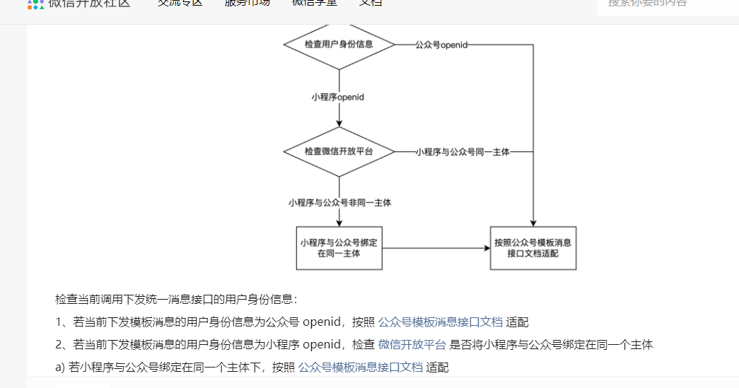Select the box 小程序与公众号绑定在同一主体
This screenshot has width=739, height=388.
point(339,248)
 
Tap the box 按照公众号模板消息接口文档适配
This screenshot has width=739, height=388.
point(533,248)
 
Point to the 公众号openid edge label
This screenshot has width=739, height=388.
point(441,45)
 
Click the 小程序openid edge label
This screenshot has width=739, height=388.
point(338,97)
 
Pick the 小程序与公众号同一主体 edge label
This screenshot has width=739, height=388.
point(462,152)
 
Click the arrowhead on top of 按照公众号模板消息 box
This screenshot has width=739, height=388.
point(533,223)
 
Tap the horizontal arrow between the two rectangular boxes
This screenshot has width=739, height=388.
point(435,248)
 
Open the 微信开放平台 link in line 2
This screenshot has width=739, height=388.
point(412,345)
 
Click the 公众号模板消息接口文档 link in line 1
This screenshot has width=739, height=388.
point(441,322)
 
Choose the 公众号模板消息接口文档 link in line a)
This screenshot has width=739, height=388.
point(361,368)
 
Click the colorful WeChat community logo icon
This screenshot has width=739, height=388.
point(35,3)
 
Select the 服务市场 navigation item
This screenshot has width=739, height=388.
point(247,3)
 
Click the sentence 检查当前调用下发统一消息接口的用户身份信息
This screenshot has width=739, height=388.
point(177,300)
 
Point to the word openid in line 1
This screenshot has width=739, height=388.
point(322,322)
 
